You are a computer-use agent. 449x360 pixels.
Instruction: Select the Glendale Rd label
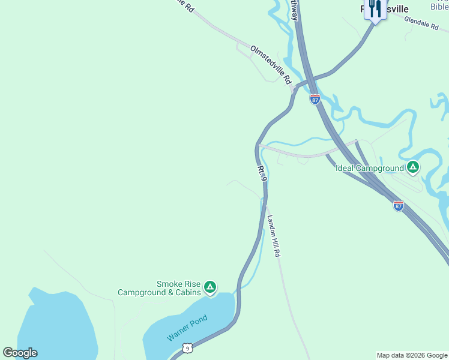421,23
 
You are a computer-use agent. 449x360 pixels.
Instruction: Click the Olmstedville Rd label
271,64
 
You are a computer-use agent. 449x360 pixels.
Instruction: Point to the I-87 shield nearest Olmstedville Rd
315,99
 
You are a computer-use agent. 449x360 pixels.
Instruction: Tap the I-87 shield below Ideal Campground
398,206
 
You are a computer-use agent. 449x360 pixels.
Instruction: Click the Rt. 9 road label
261,172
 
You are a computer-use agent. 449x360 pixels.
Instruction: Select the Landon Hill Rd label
274,236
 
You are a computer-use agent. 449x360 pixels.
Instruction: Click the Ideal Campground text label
369,168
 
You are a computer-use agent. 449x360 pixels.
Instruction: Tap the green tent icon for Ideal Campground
412,167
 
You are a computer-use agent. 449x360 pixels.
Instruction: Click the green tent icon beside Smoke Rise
210,288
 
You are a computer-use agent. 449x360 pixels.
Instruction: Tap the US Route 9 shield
188,349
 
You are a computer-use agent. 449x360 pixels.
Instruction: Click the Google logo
20,352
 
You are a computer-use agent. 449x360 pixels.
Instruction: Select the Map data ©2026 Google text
412,355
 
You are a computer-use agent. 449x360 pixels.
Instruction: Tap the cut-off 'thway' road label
294,10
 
